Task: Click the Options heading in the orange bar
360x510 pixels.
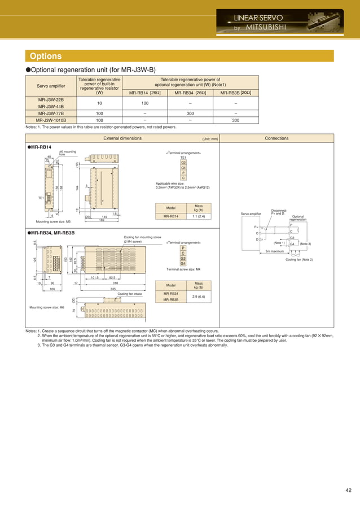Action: pyautogui.click(x=46, y=56)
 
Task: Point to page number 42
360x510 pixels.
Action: pyautogui.click(x=347, y=490)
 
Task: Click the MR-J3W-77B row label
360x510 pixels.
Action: pyautogui.click(x=50, y=113)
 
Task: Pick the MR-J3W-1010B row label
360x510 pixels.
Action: pyautogui.click(x=50, y=120)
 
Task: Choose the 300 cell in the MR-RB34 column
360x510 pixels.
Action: pyautogui.click(x=190, y=113)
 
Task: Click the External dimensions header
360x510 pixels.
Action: pyautogui.click(x=122, y=138)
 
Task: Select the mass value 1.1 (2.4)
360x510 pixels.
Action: pyautogui.click(x=199, y=216)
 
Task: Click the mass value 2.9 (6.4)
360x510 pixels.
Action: pyautogui.click(x=199, y=296)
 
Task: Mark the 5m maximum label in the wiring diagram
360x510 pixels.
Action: pyautogui.click(x=275, y=251)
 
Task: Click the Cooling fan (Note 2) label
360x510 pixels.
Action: pyautogui.click(x=299, y=259)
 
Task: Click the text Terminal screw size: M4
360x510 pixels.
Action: pyautogui.click(x=186, y=270)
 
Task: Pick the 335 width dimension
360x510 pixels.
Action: pyautogui.click(x=113, y=288)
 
